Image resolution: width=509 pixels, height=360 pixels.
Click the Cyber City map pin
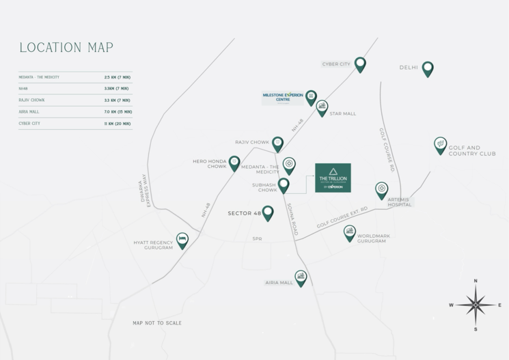pos(360,64)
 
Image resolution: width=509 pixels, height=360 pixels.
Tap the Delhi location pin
pos(428,68)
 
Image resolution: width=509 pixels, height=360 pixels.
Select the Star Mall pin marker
pos(322,107)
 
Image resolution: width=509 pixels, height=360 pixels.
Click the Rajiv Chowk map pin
pos(277,143)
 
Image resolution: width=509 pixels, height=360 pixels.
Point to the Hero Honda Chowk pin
pos(234,163)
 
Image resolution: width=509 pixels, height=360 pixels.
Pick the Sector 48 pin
pos(268,212)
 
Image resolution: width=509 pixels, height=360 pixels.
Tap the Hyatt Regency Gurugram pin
pos(182,240)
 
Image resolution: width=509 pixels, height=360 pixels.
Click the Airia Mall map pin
pos(301,277)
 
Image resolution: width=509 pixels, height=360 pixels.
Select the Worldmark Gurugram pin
pos(350,233)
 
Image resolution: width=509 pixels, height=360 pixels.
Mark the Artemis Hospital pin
pos(382,189)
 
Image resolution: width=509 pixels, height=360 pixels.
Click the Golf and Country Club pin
pos(441,145)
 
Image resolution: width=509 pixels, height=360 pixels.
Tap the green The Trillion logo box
pos(333,178)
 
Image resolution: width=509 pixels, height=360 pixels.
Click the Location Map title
pos(66,48)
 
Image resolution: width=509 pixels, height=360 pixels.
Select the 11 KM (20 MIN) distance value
pos(118,124)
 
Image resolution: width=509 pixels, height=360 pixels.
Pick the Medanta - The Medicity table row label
pos(39,77)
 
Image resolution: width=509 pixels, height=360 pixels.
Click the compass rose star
pos(476,305)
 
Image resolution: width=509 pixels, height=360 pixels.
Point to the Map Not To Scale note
pos(157,323)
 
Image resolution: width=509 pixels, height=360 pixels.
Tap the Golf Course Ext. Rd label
pos(342,217)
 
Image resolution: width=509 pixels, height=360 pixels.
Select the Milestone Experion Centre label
pos(283,97)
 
